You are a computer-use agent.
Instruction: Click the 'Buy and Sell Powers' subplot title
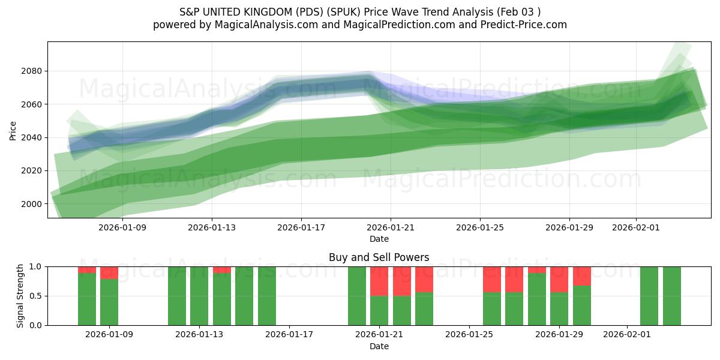coord(379,257)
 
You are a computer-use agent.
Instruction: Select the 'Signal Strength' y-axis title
coord(20,296)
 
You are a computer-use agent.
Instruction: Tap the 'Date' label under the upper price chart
coord(379,239)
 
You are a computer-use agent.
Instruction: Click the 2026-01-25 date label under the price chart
coord(479,228)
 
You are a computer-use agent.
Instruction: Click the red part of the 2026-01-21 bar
coord(379,281)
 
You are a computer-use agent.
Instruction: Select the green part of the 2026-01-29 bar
coord(559,308)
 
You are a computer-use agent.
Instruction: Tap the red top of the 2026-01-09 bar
coord(109,273)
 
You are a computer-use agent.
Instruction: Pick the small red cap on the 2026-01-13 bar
coord(222,270)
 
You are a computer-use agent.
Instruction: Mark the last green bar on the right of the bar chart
coord(671,296)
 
